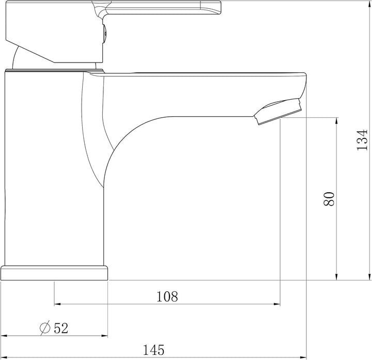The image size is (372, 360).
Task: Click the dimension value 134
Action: (363, 140)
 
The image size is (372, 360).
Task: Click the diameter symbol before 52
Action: (45, 327)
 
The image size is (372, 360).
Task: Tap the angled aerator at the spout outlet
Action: (278, 111)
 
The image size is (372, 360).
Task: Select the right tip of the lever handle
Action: (220, 7)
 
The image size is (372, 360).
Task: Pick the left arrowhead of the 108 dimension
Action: (58, 304)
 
